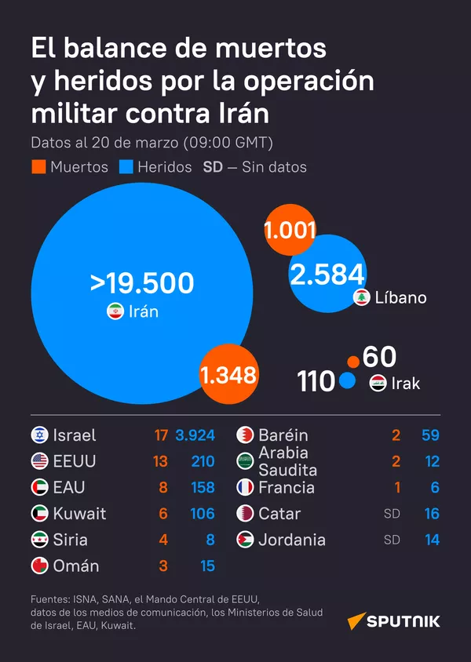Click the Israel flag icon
[39, 435]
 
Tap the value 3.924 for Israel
[195, 435]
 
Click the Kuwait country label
[79, 514]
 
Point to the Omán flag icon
[39, 566]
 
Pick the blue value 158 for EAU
[203, 487]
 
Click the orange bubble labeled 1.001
[290, 231]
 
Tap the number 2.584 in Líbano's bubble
[327, 275]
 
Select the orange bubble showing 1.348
[228, 374]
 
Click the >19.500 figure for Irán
[141, 283]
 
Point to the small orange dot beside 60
[353, 362]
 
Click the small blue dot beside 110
[348, 382]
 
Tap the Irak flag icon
[378, 384]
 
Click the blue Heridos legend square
[126, 167]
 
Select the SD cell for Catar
[391, 514]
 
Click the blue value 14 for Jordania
[431, 540]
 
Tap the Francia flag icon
[245, 487]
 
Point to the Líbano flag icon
[362, 297]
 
